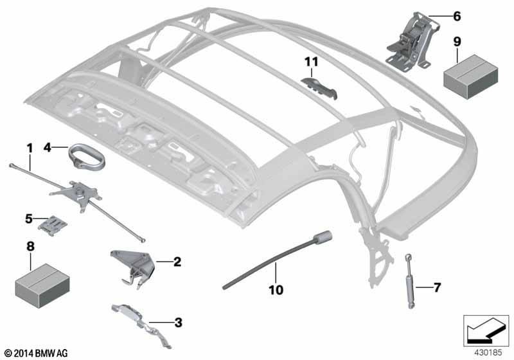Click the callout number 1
coord(30,148)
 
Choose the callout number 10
coord(276,290)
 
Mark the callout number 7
coord(437,287)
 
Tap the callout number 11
coord(312,61)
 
